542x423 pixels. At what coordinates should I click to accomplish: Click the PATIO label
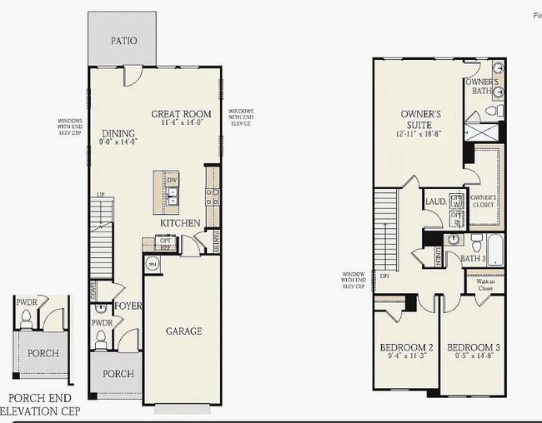click(123, 40)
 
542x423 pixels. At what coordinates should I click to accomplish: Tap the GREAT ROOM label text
click(181, 113)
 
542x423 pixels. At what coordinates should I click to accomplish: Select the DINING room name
click(118, 132)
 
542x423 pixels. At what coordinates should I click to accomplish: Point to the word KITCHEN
click(180, 223)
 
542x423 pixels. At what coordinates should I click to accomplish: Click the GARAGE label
click(183, 331)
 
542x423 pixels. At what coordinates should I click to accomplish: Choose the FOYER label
click(129, 306)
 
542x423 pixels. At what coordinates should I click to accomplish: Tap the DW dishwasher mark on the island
click(173, 179)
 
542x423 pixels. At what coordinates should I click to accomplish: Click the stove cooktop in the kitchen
click(213, 197)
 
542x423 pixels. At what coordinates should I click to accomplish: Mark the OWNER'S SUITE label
click(420, 118)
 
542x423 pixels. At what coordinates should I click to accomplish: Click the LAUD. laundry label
click(435, 202)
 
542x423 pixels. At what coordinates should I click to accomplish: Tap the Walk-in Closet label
click(486, 286)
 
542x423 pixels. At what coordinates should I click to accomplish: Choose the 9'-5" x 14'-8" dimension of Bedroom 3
click(472, 356)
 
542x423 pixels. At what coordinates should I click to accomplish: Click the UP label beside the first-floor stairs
click(102, 195)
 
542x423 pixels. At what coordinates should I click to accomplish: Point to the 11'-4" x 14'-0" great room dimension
click(181, 122)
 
